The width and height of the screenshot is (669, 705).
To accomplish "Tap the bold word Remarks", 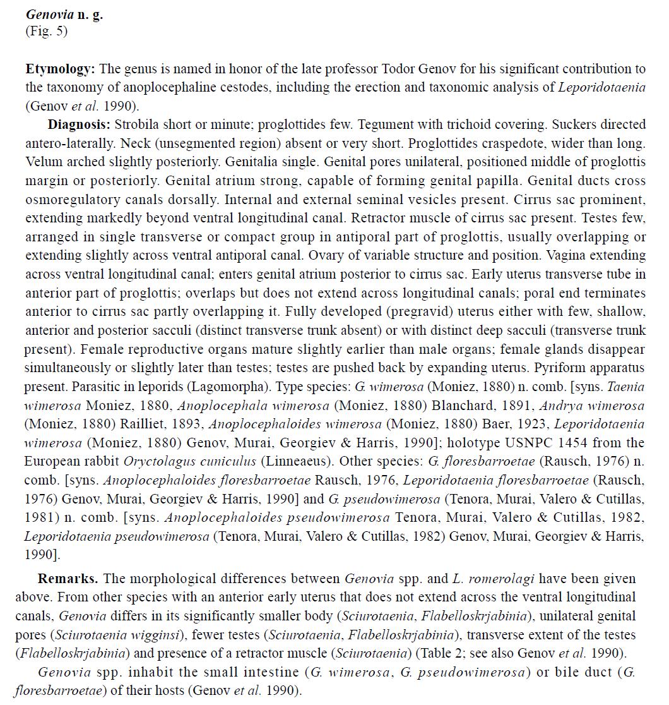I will pyautogui.click(x=68, y=578).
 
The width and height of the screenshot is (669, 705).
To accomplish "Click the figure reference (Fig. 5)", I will pyautogui.click(x=46, y=31).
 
